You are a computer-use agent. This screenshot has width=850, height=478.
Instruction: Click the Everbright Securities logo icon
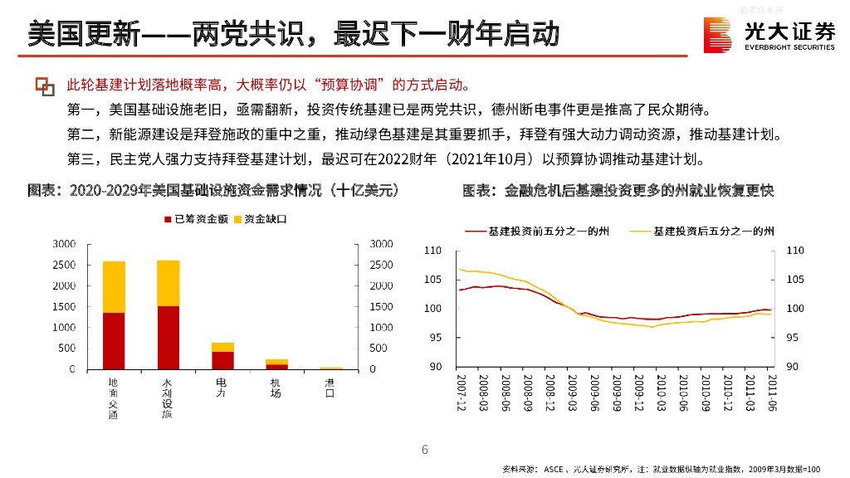(x=718, y=34)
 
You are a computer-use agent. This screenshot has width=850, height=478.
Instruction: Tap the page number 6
(x=425, y=450)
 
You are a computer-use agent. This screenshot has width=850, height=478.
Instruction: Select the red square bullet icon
(x=44, y=85)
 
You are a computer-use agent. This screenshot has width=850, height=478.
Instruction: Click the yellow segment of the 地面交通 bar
(x=114, y=286)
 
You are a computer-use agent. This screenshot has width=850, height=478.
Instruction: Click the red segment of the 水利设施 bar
(x=169, y=337)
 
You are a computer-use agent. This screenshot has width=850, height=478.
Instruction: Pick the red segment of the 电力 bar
(x=222, y=359)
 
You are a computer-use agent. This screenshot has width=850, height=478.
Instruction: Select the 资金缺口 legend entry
(x=261, y=219)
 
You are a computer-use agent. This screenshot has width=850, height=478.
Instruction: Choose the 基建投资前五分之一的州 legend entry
(x=540, y=231)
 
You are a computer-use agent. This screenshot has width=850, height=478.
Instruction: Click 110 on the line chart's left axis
(x=432, y=250)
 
